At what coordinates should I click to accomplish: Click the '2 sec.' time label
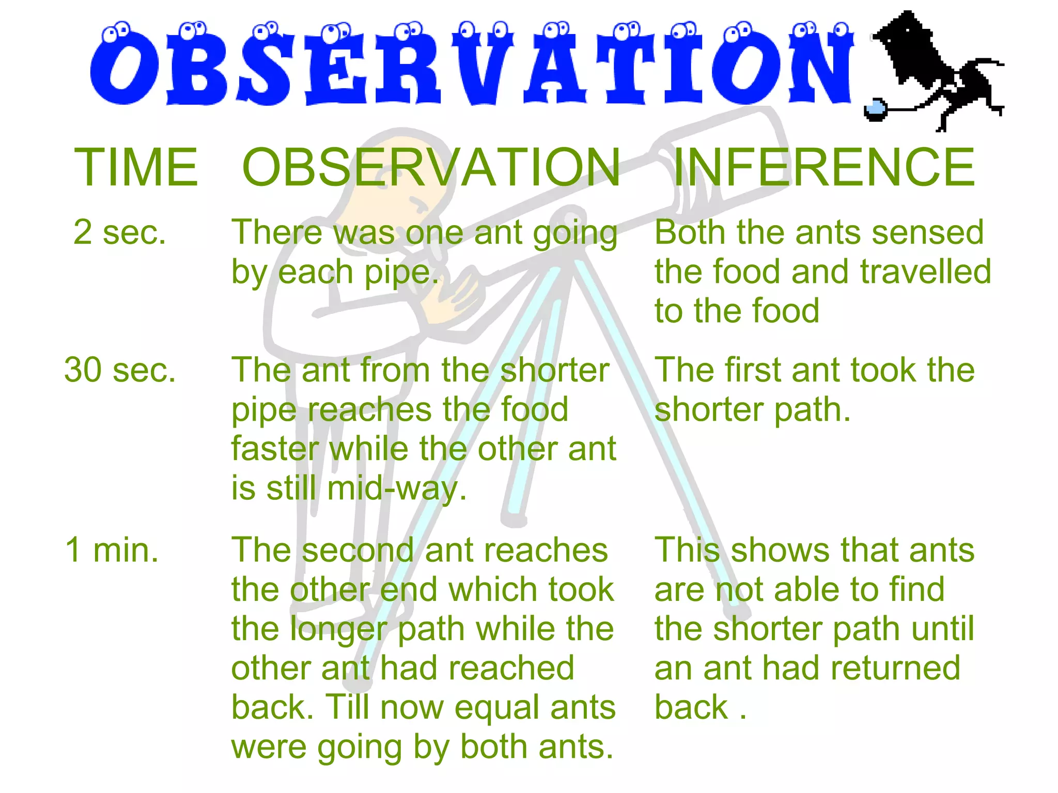[x=120, y=232]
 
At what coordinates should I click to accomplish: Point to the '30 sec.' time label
[x=120, y=370]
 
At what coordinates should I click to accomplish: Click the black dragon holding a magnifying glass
[x=935, y=67]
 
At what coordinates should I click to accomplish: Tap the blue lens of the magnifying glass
[x=874, y=108]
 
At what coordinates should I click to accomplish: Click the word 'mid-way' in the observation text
[x=397, y=488]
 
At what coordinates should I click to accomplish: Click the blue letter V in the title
[x=483, y=67]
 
